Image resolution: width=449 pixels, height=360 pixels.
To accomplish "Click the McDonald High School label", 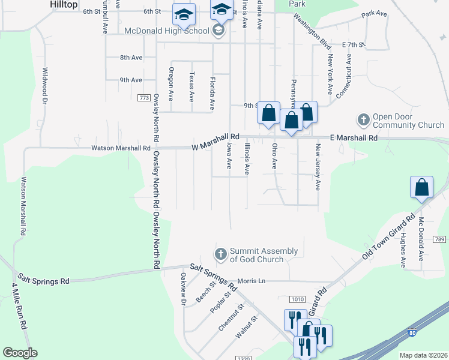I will click(x=166, y=31).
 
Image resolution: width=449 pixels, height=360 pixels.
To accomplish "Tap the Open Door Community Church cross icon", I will click(x=363, y=120).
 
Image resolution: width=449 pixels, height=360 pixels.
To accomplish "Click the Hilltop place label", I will click(x=62, y=4).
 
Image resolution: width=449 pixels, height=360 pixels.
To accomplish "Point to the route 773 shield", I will click(x=143, y=97).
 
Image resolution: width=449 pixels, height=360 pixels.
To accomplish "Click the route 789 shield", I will click(x=439, y=239).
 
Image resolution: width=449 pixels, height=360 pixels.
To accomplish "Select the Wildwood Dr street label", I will click(x=44, y=85).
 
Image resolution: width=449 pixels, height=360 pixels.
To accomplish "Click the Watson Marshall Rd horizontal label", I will click(x=121, y=148).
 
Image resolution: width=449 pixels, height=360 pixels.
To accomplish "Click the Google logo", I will click(x=20, y=353).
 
